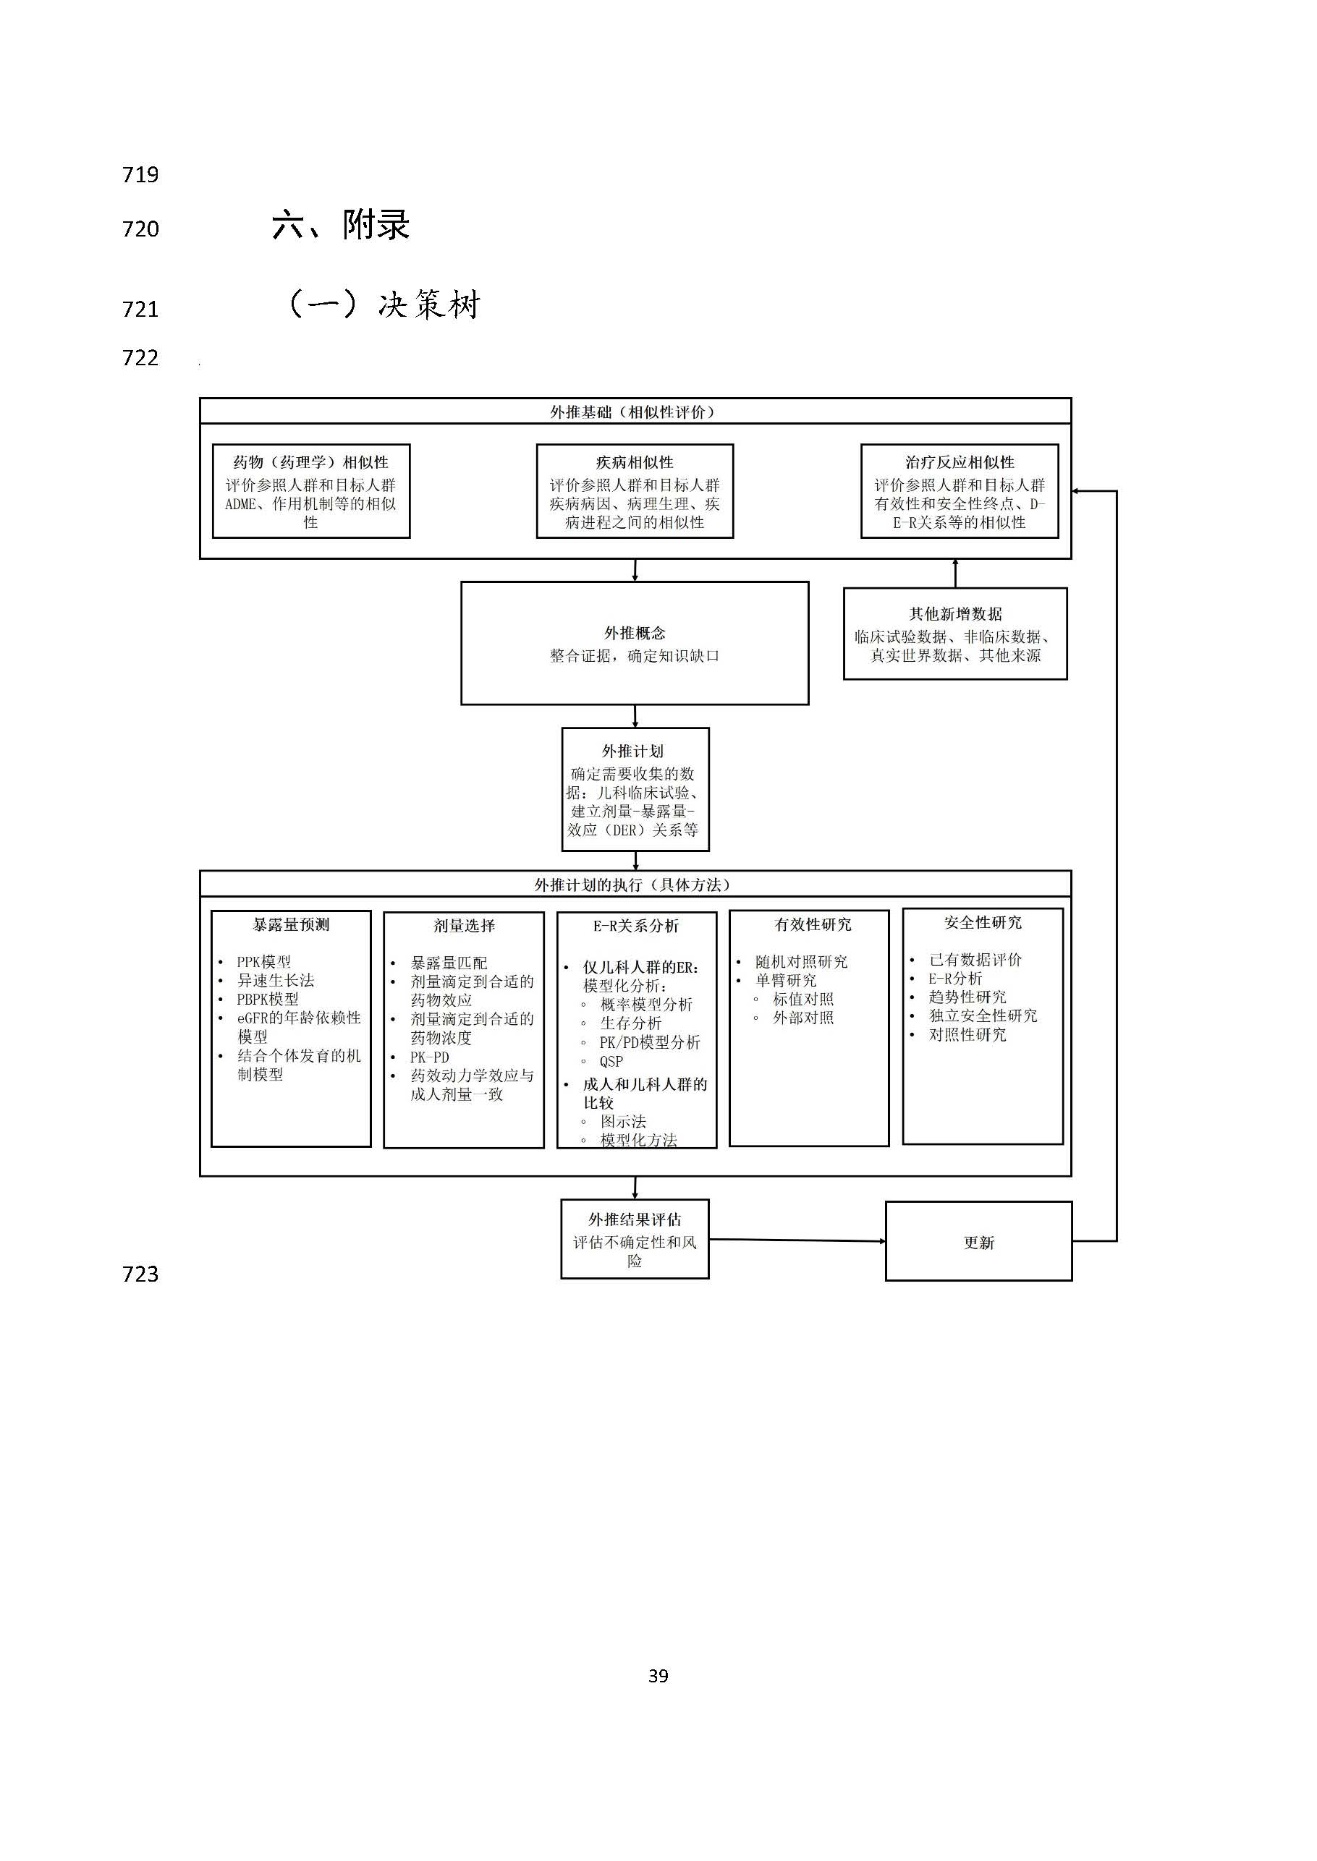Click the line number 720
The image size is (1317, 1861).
pos(140,229)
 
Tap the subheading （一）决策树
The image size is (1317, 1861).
pos(384,305)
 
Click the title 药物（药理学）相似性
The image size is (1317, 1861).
pos(310,462)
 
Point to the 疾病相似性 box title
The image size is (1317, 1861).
pos(634,462)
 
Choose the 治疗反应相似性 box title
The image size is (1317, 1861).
pos(960,462)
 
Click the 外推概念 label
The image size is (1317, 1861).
pos(634,633)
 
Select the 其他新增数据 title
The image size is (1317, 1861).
pos(955,613)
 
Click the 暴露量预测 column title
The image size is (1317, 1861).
pos(291,925)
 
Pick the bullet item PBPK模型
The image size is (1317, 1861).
pos(268,1000)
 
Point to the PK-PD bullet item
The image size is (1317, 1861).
pos(429,1057)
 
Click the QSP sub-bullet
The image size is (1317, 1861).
pos(611,1062)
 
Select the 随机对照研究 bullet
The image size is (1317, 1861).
pos(801,962)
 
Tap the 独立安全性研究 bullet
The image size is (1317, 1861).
pos(983,1015)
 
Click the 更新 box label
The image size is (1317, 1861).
pos(979,1243)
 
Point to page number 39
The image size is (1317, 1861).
pos(658,1676)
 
